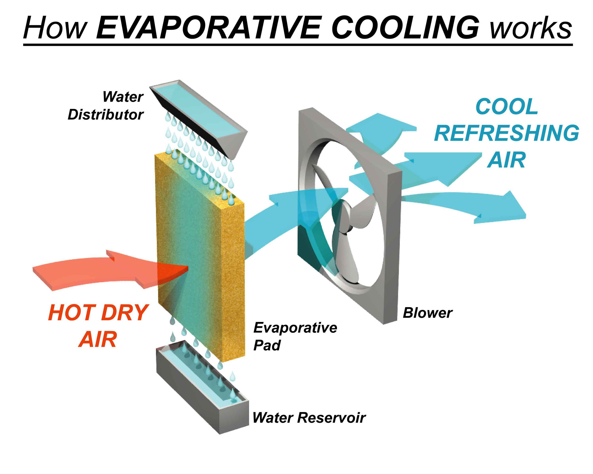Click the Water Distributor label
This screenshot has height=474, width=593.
[106, 105]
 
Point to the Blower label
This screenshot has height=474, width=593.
[428, 313]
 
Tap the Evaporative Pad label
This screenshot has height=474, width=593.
[295, 336]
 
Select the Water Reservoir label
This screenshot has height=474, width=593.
[309, 417]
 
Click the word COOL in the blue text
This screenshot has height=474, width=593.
[507, 106]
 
